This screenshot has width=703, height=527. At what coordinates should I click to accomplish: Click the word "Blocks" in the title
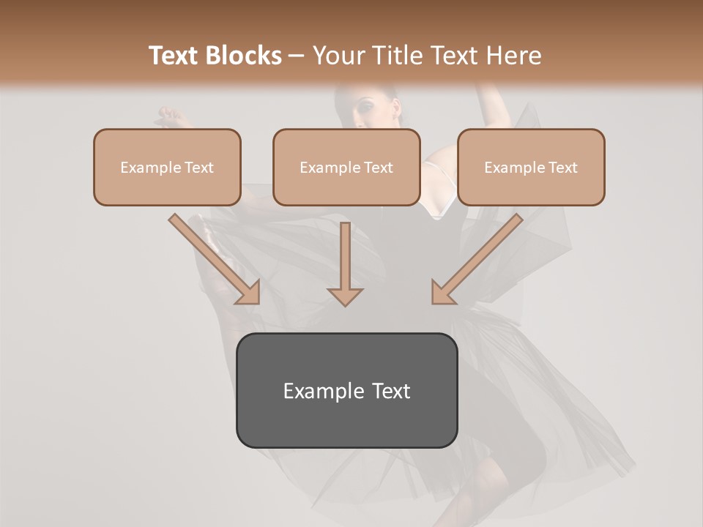tap(245, 56)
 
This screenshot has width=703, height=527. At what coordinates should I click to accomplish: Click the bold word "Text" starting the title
tap(176, 56)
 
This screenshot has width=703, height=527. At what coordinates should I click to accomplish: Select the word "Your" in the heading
tap(337, 56)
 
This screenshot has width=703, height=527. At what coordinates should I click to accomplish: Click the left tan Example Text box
tap(167, 167)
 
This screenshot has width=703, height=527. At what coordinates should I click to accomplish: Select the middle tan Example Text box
tap(346, 167)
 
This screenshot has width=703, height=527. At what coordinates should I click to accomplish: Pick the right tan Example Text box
tap(531, 167)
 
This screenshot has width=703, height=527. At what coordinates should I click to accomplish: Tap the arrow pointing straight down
tap(345, 263)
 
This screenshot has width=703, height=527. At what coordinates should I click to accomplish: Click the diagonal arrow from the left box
tap(215, 260)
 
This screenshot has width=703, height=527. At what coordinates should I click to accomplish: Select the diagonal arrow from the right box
tap(477, 260)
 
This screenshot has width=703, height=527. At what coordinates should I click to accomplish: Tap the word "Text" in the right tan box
tap(562, 168)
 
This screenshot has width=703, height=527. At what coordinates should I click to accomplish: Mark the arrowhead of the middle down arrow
tap(345, 296)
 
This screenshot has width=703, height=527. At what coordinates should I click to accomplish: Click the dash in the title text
tap(297, 56)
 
